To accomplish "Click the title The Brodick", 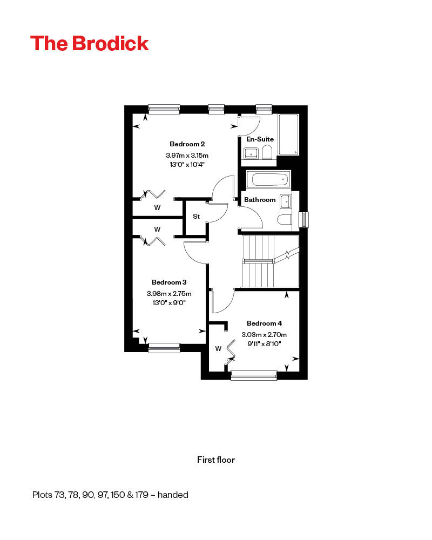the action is click(x=90, y=44).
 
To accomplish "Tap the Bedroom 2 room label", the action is click(x=187, y=144).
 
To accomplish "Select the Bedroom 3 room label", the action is click(x=169, y=282).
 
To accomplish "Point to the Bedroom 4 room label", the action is click(x=264, y=323).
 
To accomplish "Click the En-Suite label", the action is click(x=260, y=139).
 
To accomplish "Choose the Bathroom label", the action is click(x=260, y=200).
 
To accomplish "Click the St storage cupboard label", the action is click(x=197, y=217).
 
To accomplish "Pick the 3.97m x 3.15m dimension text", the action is click(x=187, y=156).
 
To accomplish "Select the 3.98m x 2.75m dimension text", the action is click(x=169, y=294).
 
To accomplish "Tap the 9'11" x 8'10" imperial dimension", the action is click(x=264, y=343).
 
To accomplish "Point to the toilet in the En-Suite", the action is click(x=267, y=153).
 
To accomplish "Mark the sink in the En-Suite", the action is click(x=251, y=153).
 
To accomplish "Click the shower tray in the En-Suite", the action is click(x=288, y=134).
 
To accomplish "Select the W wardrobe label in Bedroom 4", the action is click(x=218, y=349).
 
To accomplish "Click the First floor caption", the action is click(x=216, y=460).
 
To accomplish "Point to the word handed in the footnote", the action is click(x=173, y=495).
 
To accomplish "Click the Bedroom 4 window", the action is click(x=254, y=375).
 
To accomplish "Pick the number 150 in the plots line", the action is click(x=118, y=495).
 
